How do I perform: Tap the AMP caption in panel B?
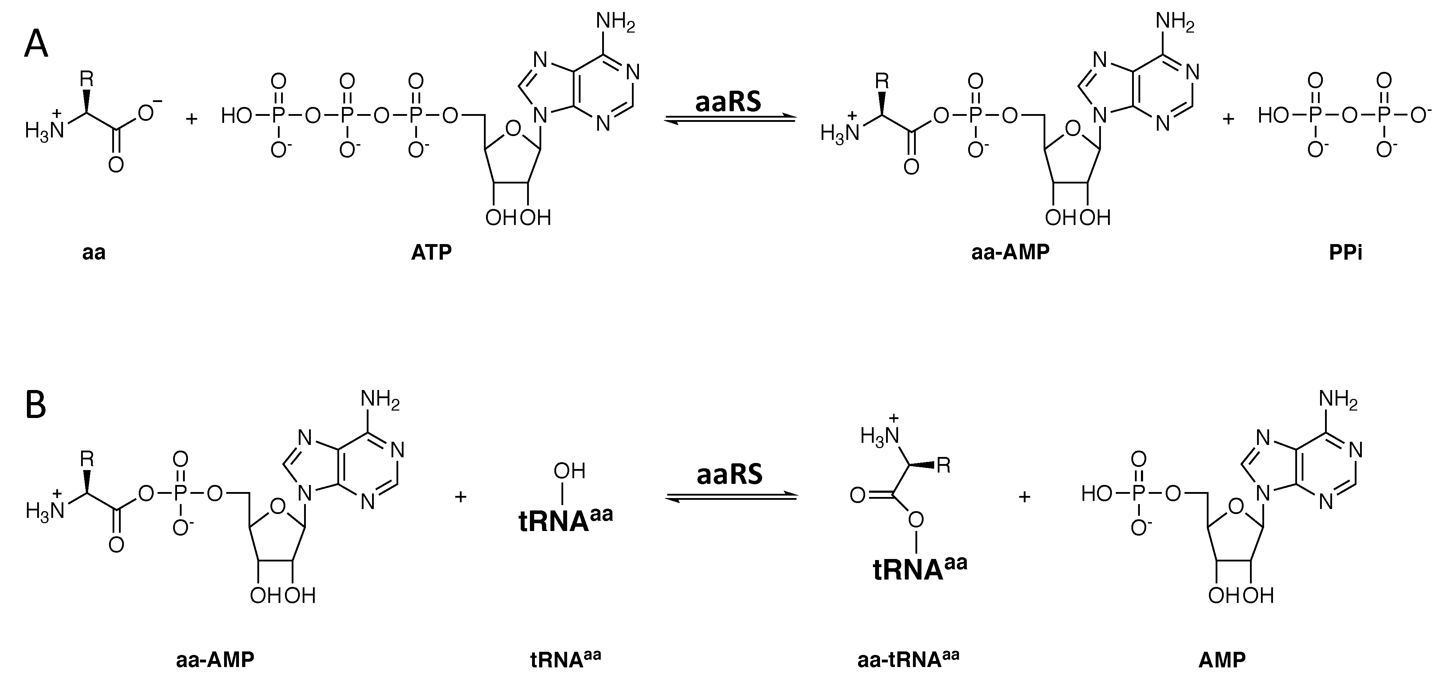(1222, 660)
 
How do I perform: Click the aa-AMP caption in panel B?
(215, 660)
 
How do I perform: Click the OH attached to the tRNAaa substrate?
(569, 471)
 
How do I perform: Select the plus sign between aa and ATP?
(192, 119)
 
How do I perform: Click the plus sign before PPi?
(1228, 119)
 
